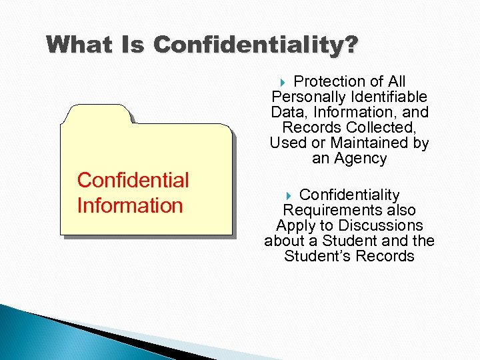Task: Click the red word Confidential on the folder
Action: [x=133, y=180]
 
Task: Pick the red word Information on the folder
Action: [x=130, y=205]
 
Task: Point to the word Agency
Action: [x=360, y=159]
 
